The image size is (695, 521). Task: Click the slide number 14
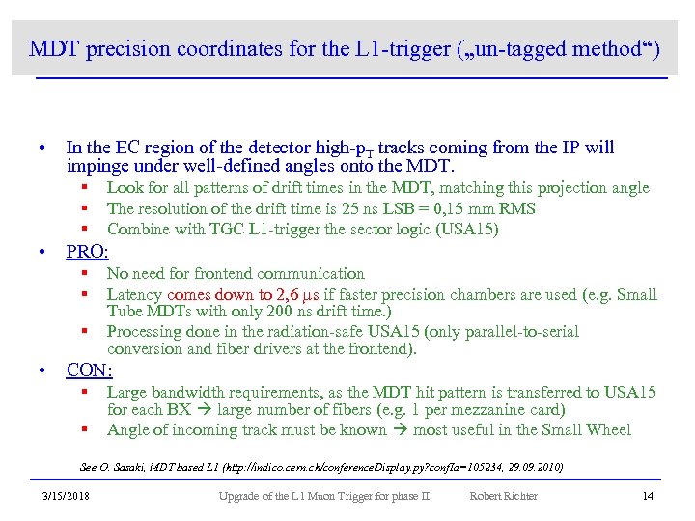(648, 496)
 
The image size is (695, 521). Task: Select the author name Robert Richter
(504, 496)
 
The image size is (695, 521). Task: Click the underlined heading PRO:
(88, 253)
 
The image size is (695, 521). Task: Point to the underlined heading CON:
(89, 370)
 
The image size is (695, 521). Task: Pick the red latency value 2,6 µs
(284, 295)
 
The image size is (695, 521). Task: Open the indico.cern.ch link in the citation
(386, 468)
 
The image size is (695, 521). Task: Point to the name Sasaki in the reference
(138, 468)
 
